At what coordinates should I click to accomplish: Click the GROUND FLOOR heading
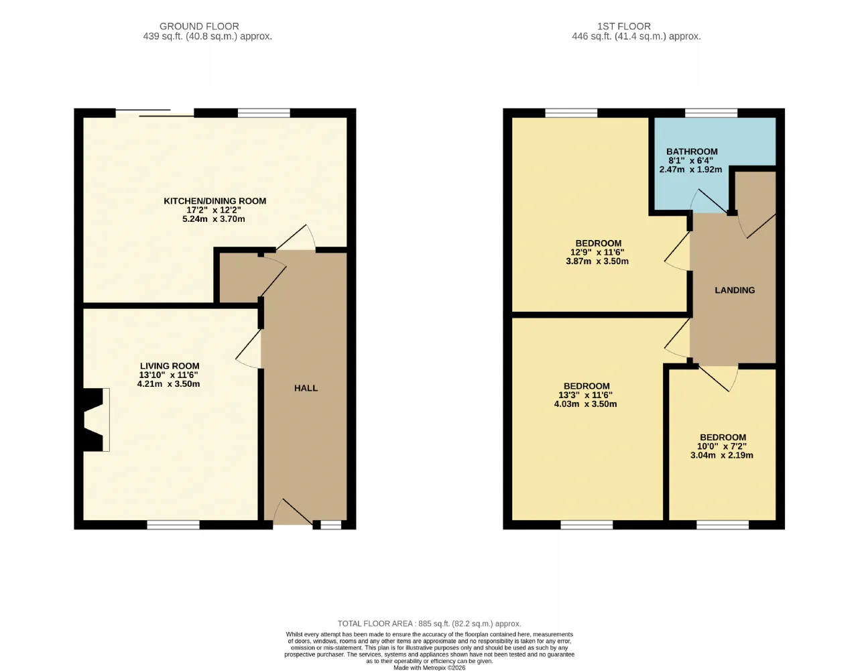(199, 26)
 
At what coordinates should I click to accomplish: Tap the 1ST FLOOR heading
(624, 26)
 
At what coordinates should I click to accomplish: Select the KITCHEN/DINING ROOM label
(214, 201)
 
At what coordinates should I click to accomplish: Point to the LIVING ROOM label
(170, 366)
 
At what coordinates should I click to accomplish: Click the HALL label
(306, 388)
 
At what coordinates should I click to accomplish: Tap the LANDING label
(735, 290)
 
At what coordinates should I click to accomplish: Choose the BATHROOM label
(692, 151)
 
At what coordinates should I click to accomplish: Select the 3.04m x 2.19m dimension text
(722, 455)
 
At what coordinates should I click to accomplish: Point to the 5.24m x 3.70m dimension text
(214, 219)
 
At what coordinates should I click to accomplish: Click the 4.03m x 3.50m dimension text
(586, 404)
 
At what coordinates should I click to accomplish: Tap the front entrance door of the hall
(292, 512)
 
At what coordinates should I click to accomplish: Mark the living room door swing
(249, 349)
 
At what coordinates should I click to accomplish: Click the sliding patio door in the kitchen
(155, 113)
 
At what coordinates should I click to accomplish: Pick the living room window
(174, 525)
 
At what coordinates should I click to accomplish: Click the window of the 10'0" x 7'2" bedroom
(723, 525)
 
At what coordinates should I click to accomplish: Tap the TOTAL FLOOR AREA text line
(429, 623)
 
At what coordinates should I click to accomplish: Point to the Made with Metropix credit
(429, 668)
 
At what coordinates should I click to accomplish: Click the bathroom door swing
(710, 201)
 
